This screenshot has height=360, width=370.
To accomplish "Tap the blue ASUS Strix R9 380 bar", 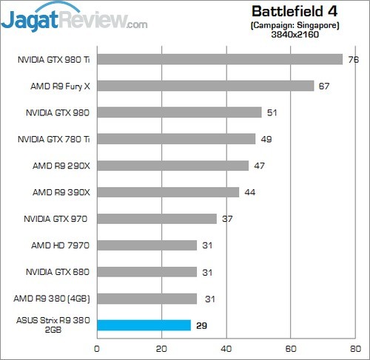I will pos(144,325).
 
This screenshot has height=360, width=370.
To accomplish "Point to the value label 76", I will pos(352,59).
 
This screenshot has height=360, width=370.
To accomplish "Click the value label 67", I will pos(323,86).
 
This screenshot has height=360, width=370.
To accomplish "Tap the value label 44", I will pos(249,192).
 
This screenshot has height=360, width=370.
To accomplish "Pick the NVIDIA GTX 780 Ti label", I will pos(53,139).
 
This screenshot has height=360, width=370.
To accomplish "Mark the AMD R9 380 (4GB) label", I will pos(53,299).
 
